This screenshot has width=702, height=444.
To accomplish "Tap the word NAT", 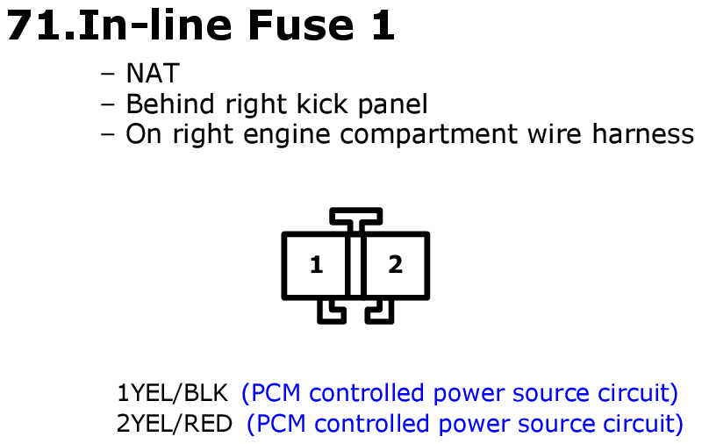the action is pyautogui.click(x=153, y=74).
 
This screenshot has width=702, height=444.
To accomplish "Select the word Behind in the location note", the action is pyautogui.click(x=170, y=104).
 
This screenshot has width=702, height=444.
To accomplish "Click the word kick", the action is pyautogui.click(x=322, y=104).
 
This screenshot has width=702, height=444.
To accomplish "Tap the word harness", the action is pyautogui.click(x=643, y=134).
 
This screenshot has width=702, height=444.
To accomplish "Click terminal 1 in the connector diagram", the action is pyautogui.click(x=316, y=264).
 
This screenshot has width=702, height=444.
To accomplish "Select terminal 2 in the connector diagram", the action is pyautogui.click(x=396, y=264).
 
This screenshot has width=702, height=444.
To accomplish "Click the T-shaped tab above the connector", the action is pyautogui.click(x=356, y=216).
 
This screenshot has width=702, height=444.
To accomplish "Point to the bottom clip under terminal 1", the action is pyautogui.click(x=332, y=312).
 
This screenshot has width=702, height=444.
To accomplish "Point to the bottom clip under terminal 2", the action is pyautogui.click(x=380, y=312).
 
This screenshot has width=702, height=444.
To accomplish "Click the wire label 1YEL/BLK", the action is pyautogui.click(x=172, y=393).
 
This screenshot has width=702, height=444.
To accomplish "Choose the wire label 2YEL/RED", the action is pyautogui.click(x=175, y=424).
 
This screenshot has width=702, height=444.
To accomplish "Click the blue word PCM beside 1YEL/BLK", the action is pyautogui.click(x=276, y=393).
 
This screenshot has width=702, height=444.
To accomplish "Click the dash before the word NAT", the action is pyautogui.click(x=108, y=75).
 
